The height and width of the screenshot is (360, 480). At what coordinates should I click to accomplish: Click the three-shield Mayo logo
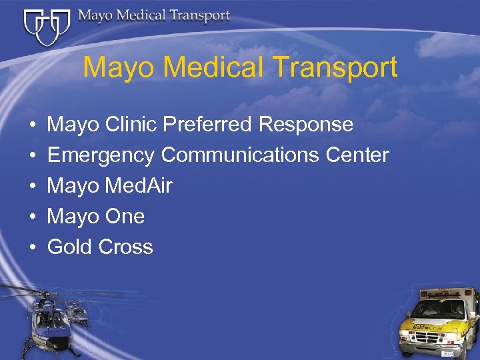(47, 25)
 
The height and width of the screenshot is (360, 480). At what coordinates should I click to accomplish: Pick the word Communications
(241, 155)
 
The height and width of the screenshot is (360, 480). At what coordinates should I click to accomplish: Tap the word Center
(357, 155)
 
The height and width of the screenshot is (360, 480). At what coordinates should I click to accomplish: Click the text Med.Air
(139, 186)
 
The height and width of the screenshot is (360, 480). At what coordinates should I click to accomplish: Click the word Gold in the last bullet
(70, 247)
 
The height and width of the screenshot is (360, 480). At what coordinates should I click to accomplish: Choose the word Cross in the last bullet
(126, 247)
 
